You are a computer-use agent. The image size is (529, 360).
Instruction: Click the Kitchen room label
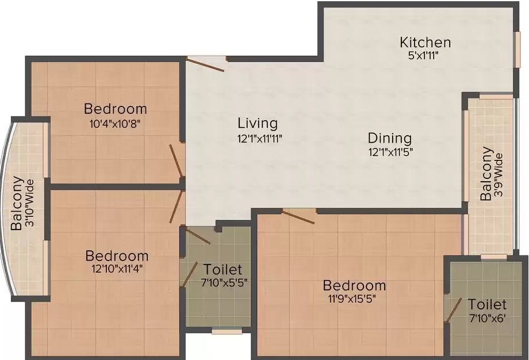pyautogui.click(x=425, y=43)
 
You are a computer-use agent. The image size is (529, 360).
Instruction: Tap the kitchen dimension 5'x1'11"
pyautogui.click(x=423, y=55)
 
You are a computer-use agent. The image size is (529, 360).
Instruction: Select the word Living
pyautogui.click(x=258, y=124)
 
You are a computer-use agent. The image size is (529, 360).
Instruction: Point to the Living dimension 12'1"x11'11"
pyautogui.click(x=259, y=138)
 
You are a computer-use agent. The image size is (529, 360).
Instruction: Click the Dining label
pyautogui.click(x=390, y=139)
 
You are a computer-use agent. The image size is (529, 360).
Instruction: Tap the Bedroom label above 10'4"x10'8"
pyautogui.click(x=116, y=109)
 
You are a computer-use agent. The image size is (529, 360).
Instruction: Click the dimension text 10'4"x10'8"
pyautogui.click(x=114, y=124)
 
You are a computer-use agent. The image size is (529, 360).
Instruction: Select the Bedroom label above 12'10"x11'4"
pyautogui.click(x=117, y=256)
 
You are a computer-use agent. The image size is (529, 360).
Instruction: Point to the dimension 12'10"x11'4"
pyautogui.click(x=117, y=269)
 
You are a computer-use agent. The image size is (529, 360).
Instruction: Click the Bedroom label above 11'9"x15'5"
pyautogui.click(x=354, y=285)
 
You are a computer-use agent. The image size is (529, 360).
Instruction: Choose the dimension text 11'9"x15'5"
pyautogui.click(x=352, y=299)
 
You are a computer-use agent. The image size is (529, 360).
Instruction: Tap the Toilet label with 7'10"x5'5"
pyautogui.click(x=223, y=270)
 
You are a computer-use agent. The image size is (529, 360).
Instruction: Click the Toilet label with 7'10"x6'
pyautogui.click(x=487, y=305)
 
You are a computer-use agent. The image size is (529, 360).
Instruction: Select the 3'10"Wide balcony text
pyautogui.click(x=30, y=204)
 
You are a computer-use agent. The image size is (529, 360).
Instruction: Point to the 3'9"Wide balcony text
pyautogui.click(x=499, y=175)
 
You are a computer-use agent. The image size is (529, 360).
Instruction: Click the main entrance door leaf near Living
pyautogui.click(x=205, y=65)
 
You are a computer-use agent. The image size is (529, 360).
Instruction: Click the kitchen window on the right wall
pyautogui.click(x=516, y=49)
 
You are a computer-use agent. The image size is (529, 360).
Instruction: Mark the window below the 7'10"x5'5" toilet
pyautogui.click(x=227, y=331)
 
